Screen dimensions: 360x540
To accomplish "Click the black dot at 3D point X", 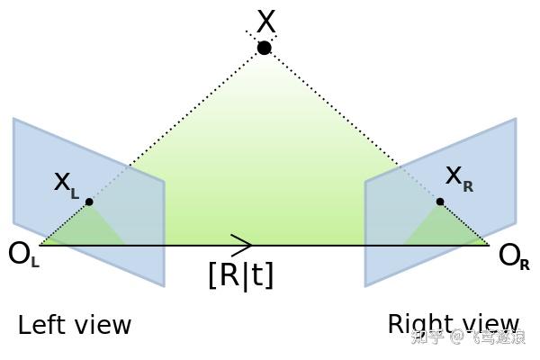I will [x=264, y=48].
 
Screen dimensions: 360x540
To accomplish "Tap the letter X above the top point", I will [x=265, y=21].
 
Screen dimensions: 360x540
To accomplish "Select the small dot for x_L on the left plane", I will [x=89, y=202].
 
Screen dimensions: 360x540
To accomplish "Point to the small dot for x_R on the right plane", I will [x=440, y=202].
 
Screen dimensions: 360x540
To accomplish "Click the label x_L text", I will [x=66, y=183].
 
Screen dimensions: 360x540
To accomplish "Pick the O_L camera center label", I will [x=22, y=255].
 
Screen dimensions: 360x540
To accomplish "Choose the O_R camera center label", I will [x=513, y=256].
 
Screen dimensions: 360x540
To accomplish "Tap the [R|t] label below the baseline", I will [x=240, y=274].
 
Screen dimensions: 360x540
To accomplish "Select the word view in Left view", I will [x=103, y=325].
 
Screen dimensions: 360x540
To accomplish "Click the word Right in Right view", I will [x=417, y=324].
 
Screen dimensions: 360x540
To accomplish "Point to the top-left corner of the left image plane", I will [x=14, y=119].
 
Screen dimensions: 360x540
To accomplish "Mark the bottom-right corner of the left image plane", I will [x=164, y=286].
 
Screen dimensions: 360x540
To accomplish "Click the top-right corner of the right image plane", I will [x=516, y=119].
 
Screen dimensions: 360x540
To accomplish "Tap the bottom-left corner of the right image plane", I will [x=365, y=286].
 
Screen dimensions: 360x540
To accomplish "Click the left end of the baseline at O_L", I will [x=40, y=245].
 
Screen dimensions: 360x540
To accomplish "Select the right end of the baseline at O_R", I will [x=489, y=245].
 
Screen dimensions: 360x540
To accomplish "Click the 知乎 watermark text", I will [x=427, y=337].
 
